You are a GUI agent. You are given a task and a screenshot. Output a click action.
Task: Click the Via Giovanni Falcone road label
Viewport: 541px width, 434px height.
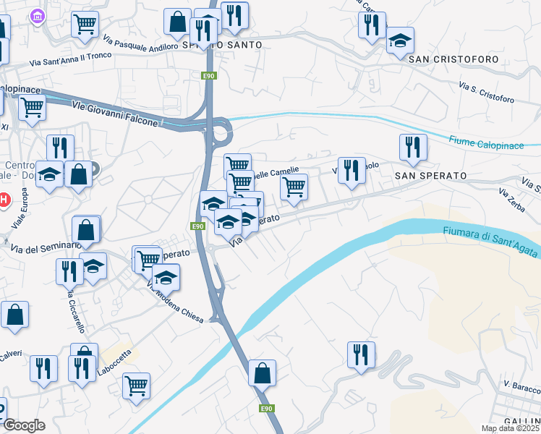pos(114,113)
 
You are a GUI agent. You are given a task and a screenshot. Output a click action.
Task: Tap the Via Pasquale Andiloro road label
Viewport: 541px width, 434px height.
pos(140,43)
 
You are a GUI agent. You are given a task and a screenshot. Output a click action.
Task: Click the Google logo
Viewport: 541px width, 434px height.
pos(23,425)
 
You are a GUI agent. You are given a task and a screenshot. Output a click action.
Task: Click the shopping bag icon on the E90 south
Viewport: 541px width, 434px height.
pos(262,373)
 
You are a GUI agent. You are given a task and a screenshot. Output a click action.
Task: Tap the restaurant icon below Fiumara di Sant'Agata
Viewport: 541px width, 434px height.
pos(361,354)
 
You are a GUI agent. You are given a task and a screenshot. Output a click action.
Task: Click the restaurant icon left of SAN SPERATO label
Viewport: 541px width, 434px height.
pos(352,171)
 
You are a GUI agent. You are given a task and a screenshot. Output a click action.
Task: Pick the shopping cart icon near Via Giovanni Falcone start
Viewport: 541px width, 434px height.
pos(32,108)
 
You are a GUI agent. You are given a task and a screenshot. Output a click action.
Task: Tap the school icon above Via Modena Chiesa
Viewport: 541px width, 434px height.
pos(166,277)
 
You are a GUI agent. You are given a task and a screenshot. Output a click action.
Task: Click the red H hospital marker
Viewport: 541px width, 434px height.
pos(4,199)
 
